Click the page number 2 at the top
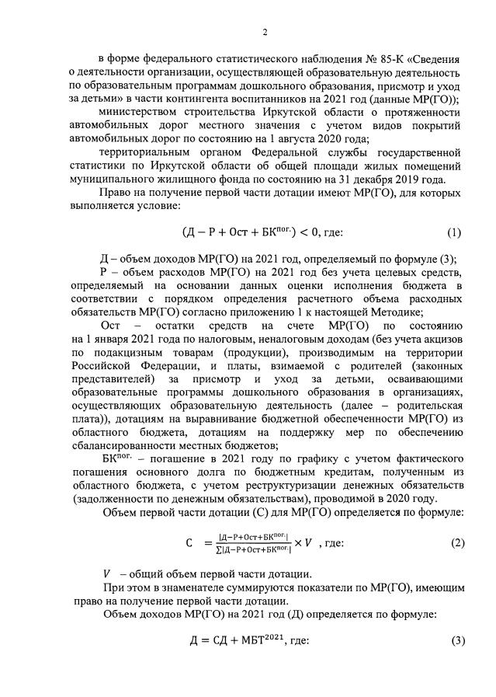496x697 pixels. (265, 32)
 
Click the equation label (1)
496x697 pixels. (454, 232)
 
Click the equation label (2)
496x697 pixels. (454, 544)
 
